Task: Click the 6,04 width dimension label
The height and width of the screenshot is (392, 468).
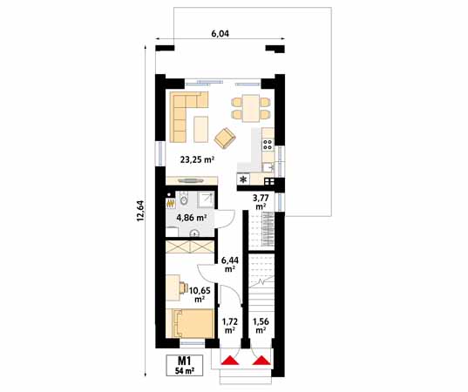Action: click(x=220, y=33)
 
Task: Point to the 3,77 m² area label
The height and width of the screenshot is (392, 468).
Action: click(x=260, y=202)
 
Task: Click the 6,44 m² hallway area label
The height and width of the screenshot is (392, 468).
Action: click(x=230, y=263)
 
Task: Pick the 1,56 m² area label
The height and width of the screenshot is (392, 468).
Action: click(x=260, y=326)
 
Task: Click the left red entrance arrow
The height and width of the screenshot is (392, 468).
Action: click(x=230, y=359)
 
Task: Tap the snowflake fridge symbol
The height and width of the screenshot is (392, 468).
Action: click(x=243, y=179)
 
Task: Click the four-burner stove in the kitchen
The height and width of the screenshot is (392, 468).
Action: click(x=268, y=138)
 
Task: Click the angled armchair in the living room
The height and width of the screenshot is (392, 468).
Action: click(x=224, y=136)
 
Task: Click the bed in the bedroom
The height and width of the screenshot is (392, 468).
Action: click(x=192, y=324)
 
